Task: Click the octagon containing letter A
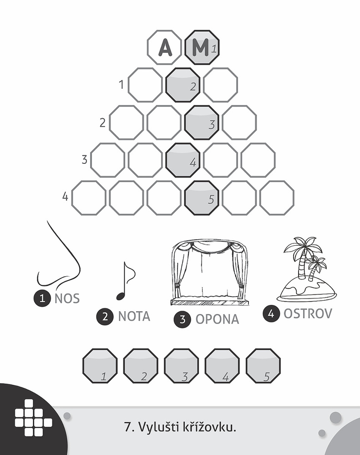click(x=164, y=47)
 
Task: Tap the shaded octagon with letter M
click(x=202, y=47)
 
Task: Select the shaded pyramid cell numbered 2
click(x=183, y=85)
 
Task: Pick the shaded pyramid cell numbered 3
click(x=202, y=122)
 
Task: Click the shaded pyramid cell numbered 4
click(x=183, y=160)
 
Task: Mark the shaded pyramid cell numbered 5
click(x=202, y=197)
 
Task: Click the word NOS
click(x=67, y=298)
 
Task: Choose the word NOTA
click(x=134, y=316)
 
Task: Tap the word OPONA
click(x=217, y=319)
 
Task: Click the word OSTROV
click(x=308, y=313)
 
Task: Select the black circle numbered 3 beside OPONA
click(x=183, y=319)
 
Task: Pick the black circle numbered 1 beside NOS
click(x=42, y=298)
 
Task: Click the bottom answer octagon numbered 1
click(x=100, y=366)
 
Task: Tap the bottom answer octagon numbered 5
click(x=264, y=366)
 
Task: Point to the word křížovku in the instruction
click(x=209, y=427)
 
